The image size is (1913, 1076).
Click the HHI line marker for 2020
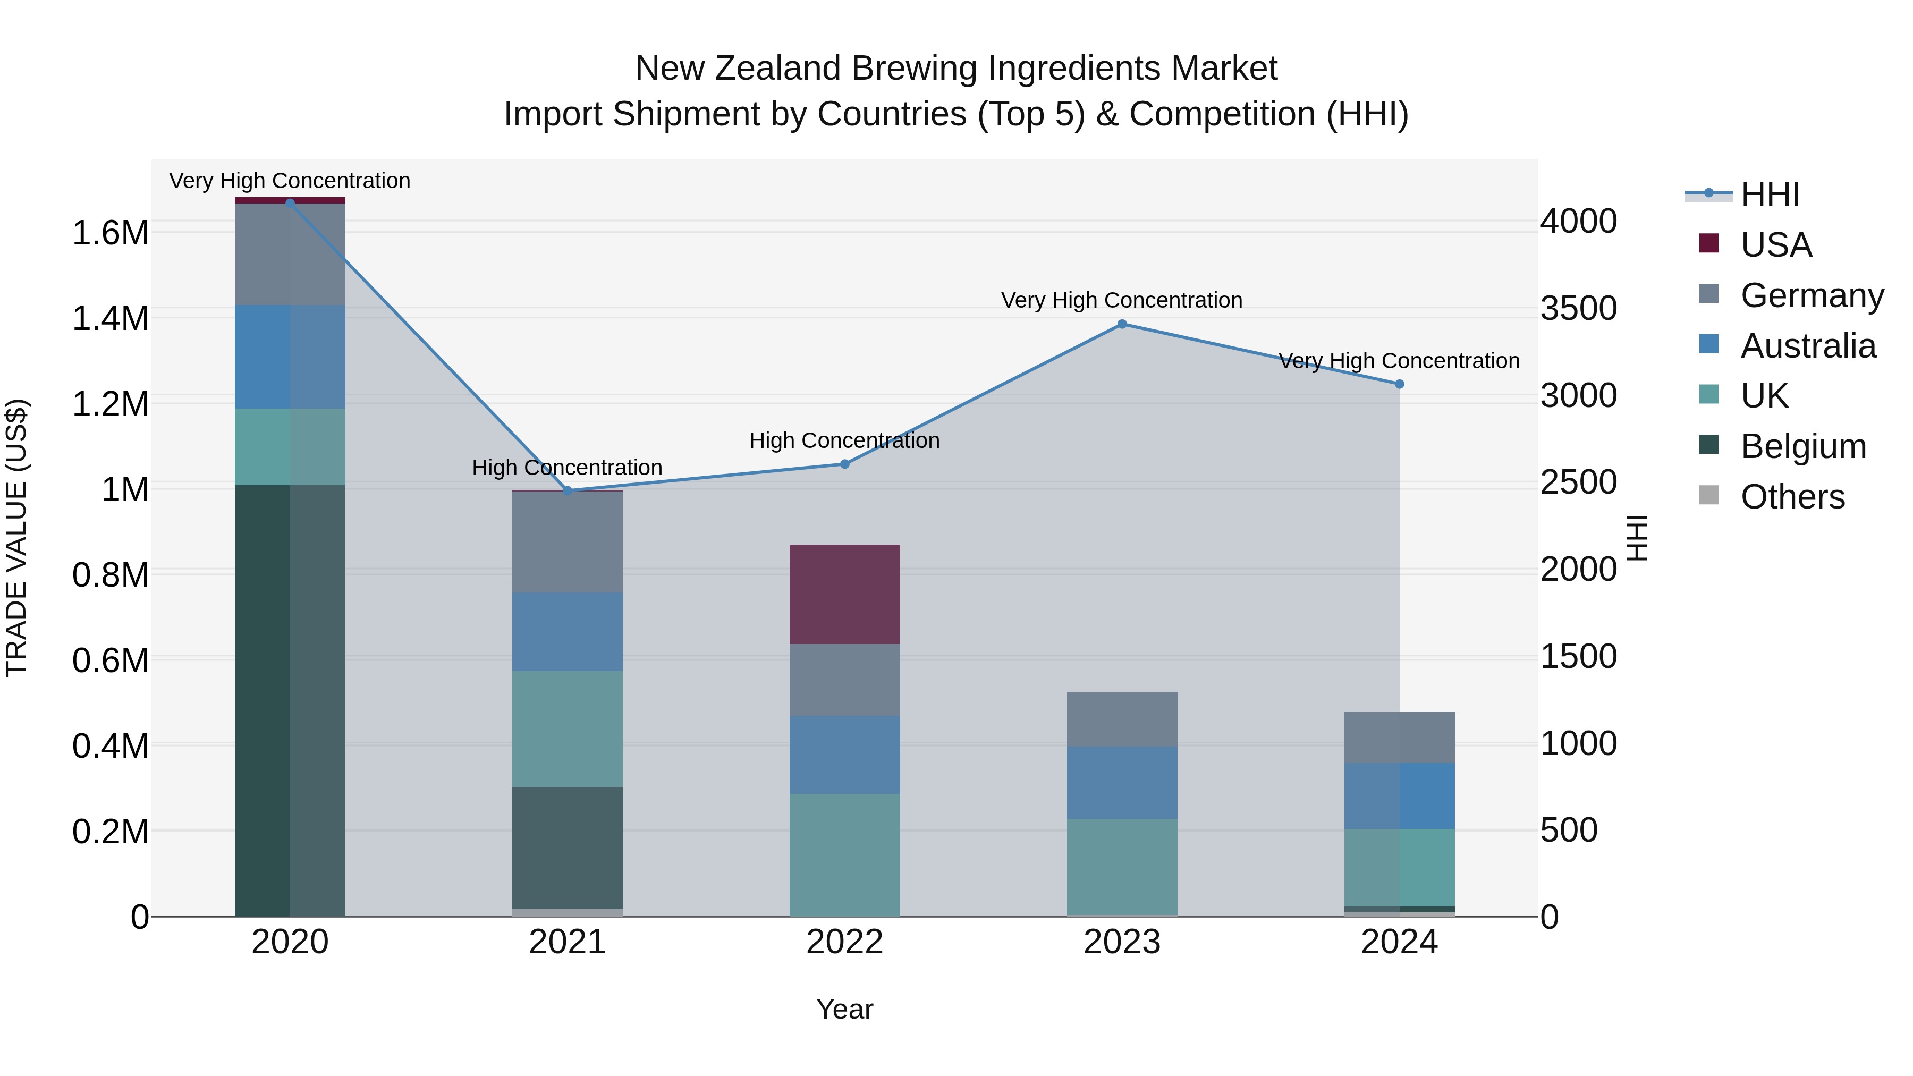click(x=290, y=202)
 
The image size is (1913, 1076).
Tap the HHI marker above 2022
click(x=844, y=464)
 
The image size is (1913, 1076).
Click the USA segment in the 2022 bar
click(x=844, y=594)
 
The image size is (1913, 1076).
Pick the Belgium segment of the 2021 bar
click(x=568, y=848)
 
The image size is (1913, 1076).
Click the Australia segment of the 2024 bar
click(x=1399, y=795)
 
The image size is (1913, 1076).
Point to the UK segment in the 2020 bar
click(x=290, y=446)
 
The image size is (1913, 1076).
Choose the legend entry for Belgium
click(x=1802, y=446)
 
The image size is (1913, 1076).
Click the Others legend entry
click(x=1792, y=497)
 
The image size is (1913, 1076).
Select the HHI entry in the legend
click(x=1770, y=194)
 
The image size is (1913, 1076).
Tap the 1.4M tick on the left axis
click(x=110, y=319)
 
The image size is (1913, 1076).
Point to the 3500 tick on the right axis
click(x=1579, y=308)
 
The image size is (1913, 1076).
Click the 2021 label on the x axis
click(x=568, y=942)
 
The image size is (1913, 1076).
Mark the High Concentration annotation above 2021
click(x=568, y=468)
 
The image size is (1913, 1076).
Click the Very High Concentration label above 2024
click(x=1399, y=361)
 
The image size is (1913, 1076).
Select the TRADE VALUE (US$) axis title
click(x=17, y=538)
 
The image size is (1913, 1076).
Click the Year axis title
click(x=844, y=1009)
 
